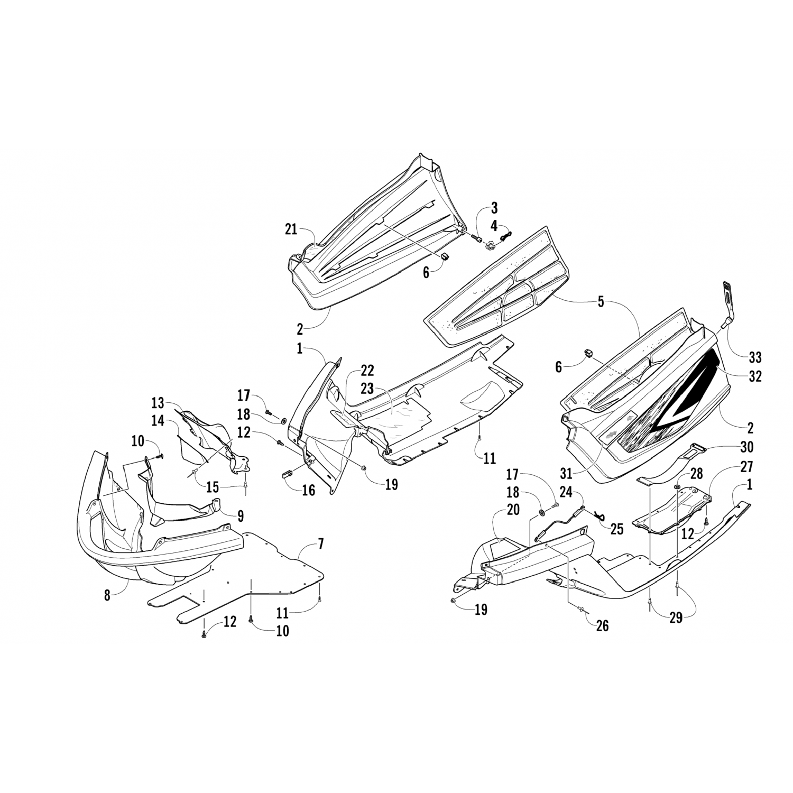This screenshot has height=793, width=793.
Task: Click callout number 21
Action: [x=290, y=229]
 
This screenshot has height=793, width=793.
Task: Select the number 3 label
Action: [x=494, y=207]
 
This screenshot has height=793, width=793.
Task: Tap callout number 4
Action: [x=494, y=225]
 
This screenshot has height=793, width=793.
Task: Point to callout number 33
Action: [x=755, y=357]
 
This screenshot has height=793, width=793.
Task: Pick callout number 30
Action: [x=746, y=447]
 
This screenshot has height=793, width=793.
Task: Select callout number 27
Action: [x=746, y=467]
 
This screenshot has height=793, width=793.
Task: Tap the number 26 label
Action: [x=602, y=626]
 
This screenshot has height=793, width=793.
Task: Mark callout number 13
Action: [x=158, y=402]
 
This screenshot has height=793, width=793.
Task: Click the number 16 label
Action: [x=308, y=490]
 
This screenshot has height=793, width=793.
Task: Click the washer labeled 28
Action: [x=677, y=485]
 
